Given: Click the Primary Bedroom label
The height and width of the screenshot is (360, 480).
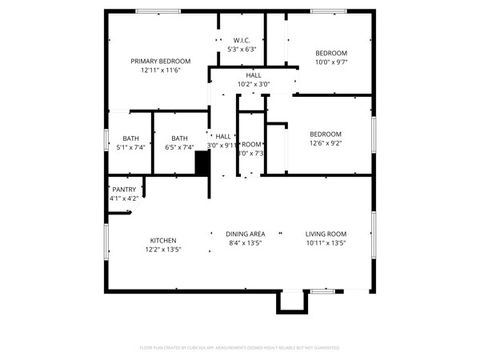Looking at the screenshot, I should [160, 61].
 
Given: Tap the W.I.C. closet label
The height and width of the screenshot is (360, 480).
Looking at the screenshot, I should [242, 41].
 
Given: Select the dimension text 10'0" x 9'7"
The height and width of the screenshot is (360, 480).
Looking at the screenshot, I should [331, 62].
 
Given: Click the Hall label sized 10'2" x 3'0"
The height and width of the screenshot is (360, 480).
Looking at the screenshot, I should [254, 75].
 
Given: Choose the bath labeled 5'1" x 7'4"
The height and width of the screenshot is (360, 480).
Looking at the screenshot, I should [131, 138].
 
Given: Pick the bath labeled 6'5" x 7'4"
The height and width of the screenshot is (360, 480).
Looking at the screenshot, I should [179, 138].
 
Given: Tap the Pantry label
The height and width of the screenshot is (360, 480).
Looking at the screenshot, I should [124, 189].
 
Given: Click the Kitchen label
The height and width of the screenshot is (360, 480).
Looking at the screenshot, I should [164, 240].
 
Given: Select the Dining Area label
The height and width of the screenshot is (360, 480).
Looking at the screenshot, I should [245, 232].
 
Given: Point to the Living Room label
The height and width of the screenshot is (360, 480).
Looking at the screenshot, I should [325, 232].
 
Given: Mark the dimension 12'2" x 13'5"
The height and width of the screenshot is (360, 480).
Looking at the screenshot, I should [164, 250].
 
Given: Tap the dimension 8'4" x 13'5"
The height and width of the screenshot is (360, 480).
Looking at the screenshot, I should [245, 242].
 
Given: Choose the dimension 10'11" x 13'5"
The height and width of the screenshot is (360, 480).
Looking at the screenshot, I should [325, 242].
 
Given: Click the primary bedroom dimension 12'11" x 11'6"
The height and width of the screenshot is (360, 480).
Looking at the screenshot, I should [160, 71].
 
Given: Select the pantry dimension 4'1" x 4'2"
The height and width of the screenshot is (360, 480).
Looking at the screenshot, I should [124, 198].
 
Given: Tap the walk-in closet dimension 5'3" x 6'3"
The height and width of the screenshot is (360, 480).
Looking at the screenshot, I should [242, 50].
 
